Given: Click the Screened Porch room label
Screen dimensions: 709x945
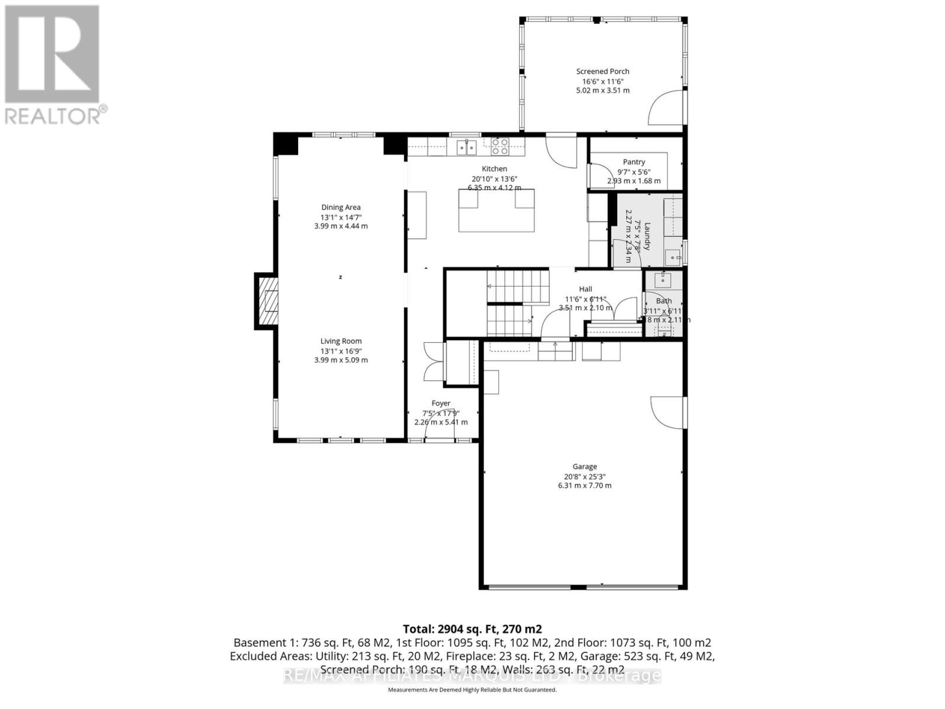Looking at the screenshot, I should [602, 71].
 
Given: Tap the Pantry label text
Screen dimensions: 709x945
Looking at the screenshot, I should [634, 162].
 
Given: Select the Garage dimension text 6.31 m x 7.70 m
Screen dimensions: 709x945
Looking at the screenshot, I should [584, 486].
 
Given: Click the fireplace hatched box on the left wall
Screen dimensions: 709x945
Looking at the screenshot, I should [271, 301].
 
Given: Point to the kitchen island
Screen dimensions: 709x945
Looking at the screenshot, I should [496, 210].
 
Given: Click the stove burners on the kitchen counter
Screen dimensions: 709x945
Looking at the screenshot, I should [500, 147].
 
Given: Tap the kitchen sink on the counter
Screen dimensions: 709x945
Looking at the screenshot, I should [467, 147].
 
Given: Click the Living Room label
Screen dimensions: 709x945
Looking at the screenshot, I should [341, 341].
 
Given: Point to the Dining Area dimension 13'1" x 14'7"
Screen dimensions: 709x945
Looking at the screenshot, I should [341, 217].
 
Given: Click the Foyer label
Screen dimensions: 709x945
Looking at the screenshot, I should [441, 404].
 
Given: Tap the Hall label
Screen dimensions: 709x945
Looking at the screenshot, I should [585, 289].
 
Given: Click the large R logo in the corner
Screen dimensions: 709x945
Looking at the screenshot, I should [52, 54].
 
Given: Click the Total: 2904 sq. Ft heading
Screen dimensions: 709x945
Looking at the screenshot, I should [472, 629].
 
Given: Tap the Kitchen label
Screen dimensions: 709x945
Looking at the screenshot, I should [494, 169].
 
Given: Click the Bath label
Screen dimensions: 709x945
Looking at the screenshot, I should [663, 301].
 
